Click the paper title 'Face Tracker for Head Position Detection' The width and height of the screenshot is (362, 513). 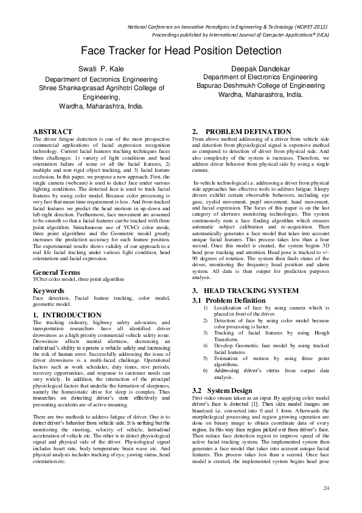(x=181, y=50)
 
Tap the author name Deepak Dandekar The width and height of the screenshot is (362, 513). (x=260, y=69)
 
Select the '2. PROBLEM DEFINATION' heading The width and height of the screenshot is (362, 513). (x=242, y=132)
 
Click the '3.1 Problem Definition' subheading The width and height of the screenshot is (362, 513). (x=229, y=300)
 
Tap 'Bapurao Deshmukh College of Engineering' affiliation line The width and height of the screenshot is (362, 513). (x=260, y=87)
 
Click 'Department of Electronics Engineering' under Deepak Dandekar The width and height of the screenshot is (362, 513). (x=260, y=78)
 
